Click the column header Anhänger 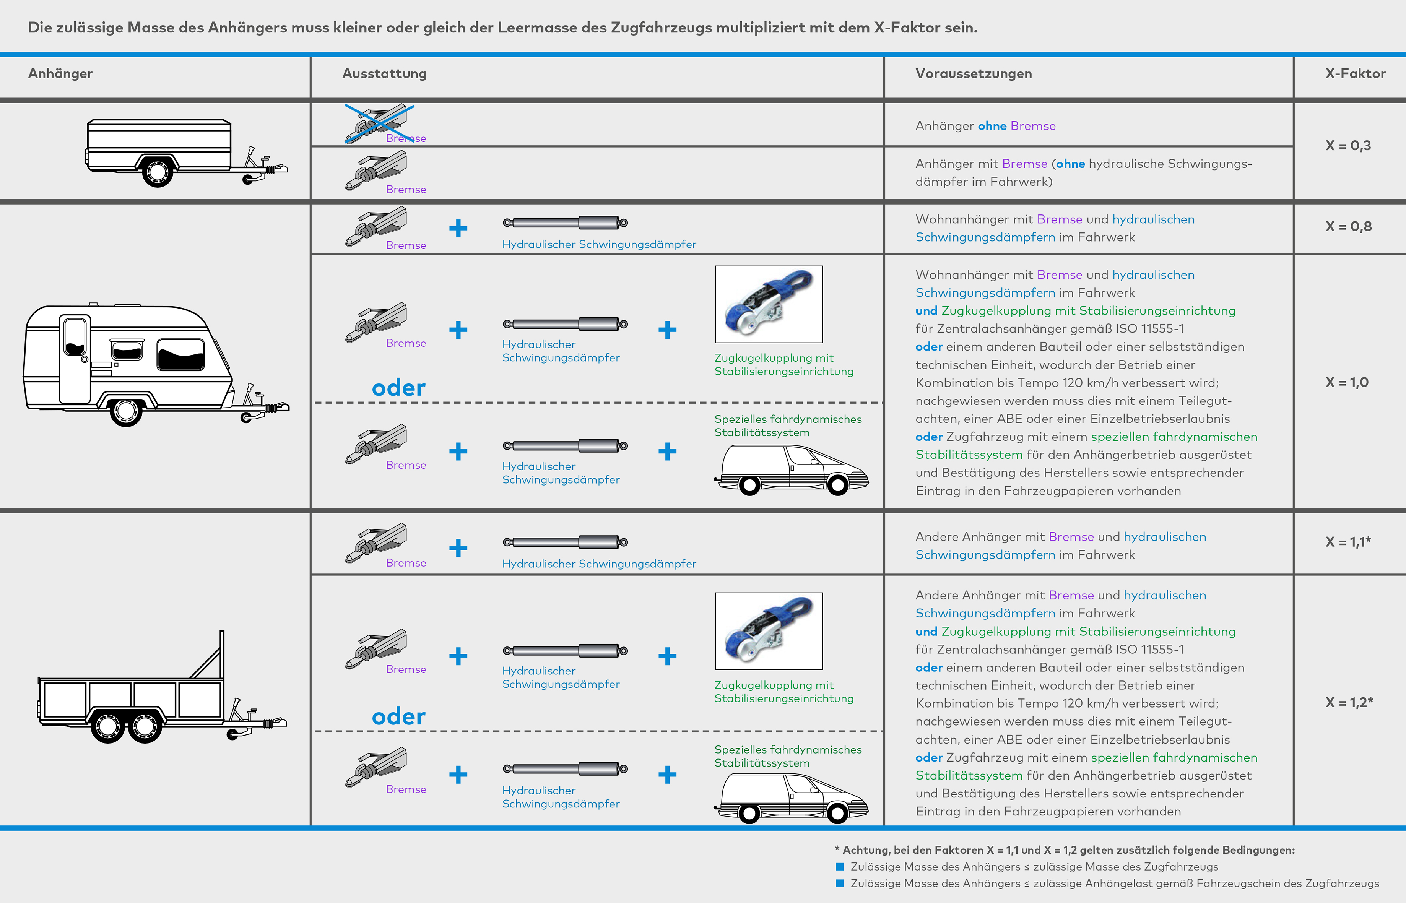click(60, 73)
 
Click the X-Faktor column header click(1355, 73)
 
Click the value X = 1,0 click(1347, 382)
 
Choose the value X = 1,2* click(1349, 702)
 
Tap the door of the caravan click(75, 359)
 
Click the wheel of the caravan click(125, 411)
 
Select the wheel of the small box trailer click(157, 171)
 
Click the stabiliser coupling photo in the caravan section click(769, 304)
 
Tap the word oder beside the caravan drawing click(399, 388)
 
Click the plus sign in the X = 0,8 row click(458, 228)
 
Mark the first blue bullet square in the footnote click(840, 867)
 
